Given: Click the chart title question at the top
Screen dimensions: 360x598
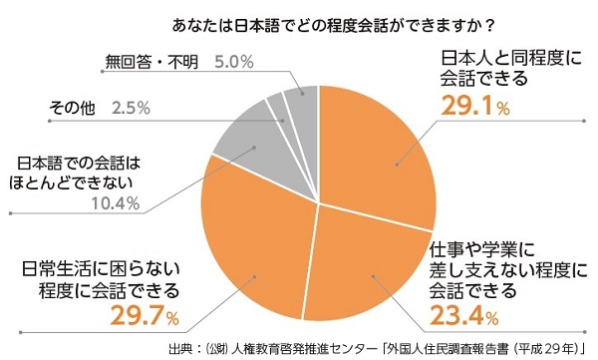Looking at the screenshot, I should pyautogui.click(x=299, y=19).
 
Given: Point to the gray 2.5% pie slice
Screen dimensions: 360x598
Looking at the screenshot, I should pyautogui.click(x=277, y=109).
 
